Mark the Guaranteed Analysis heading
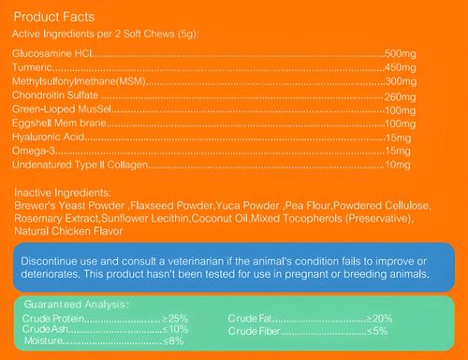coord(77,305)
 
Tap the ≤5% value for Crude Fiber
coord(378,330)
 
